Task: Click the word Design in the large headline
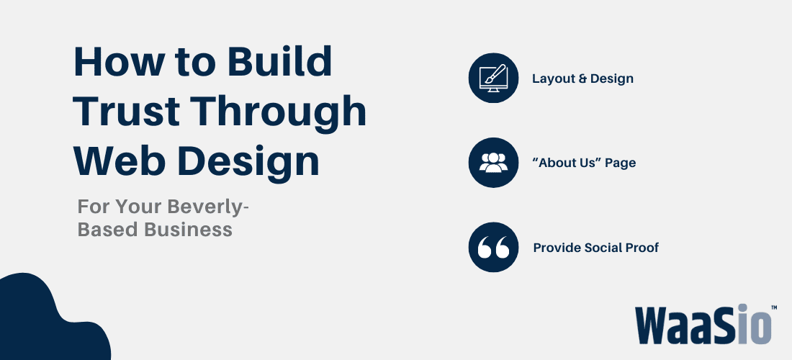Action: tap(249, 161)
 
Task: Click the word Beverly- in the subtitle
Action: tap(209, 206)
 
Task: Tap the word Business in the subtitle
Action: tap(190, 229)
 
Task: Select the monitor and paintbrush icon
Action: tap(492, 78)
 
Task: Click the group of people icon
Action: tap(492, 163)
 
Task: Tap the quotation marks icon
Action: tap(492, 248)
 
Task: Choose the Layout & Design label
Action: tap(582, 78)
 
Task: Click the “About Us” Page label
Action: tap(584, 163)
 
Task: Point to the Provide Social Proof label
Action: tap(595, 248)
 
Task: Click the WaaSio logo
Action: tap(703, 325)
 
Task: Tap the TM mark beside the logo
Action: tap(773, 307)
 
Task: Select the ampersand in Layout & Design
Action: tap(582, 78)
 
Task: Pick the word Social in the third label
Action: tap(604, 248)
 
